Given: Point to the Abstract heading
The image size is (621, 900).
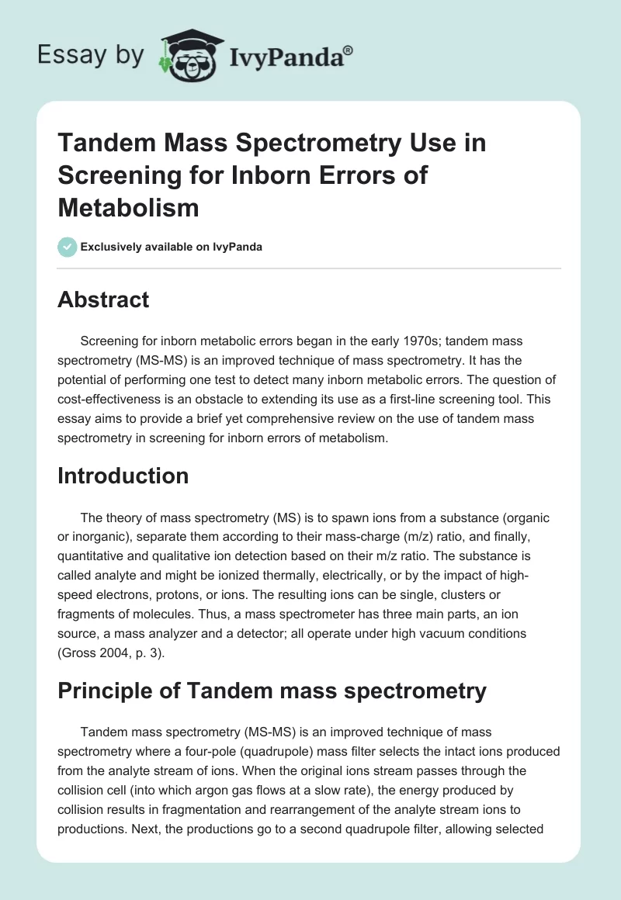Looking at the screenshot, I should [x=103, y=299].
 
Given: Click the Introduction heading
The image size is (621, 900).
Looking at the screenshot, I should [x=123, y=475].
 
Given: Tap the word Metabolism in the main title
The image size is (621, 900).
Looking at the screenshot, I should [x=128, y=207].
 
